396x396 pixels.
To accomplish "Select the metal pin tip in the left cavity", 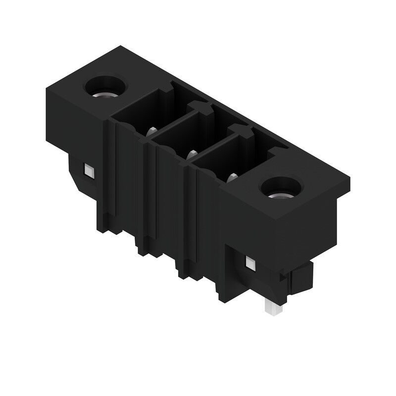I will [x=152, y=131].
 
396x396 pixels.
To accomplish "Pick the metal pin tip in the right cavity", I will [x=231, y=176].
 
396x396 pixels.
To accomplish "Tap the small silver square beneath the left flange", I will [x=89, y=171].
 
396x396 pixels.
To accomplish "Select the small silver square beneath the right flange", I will [x=250, y=262].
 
